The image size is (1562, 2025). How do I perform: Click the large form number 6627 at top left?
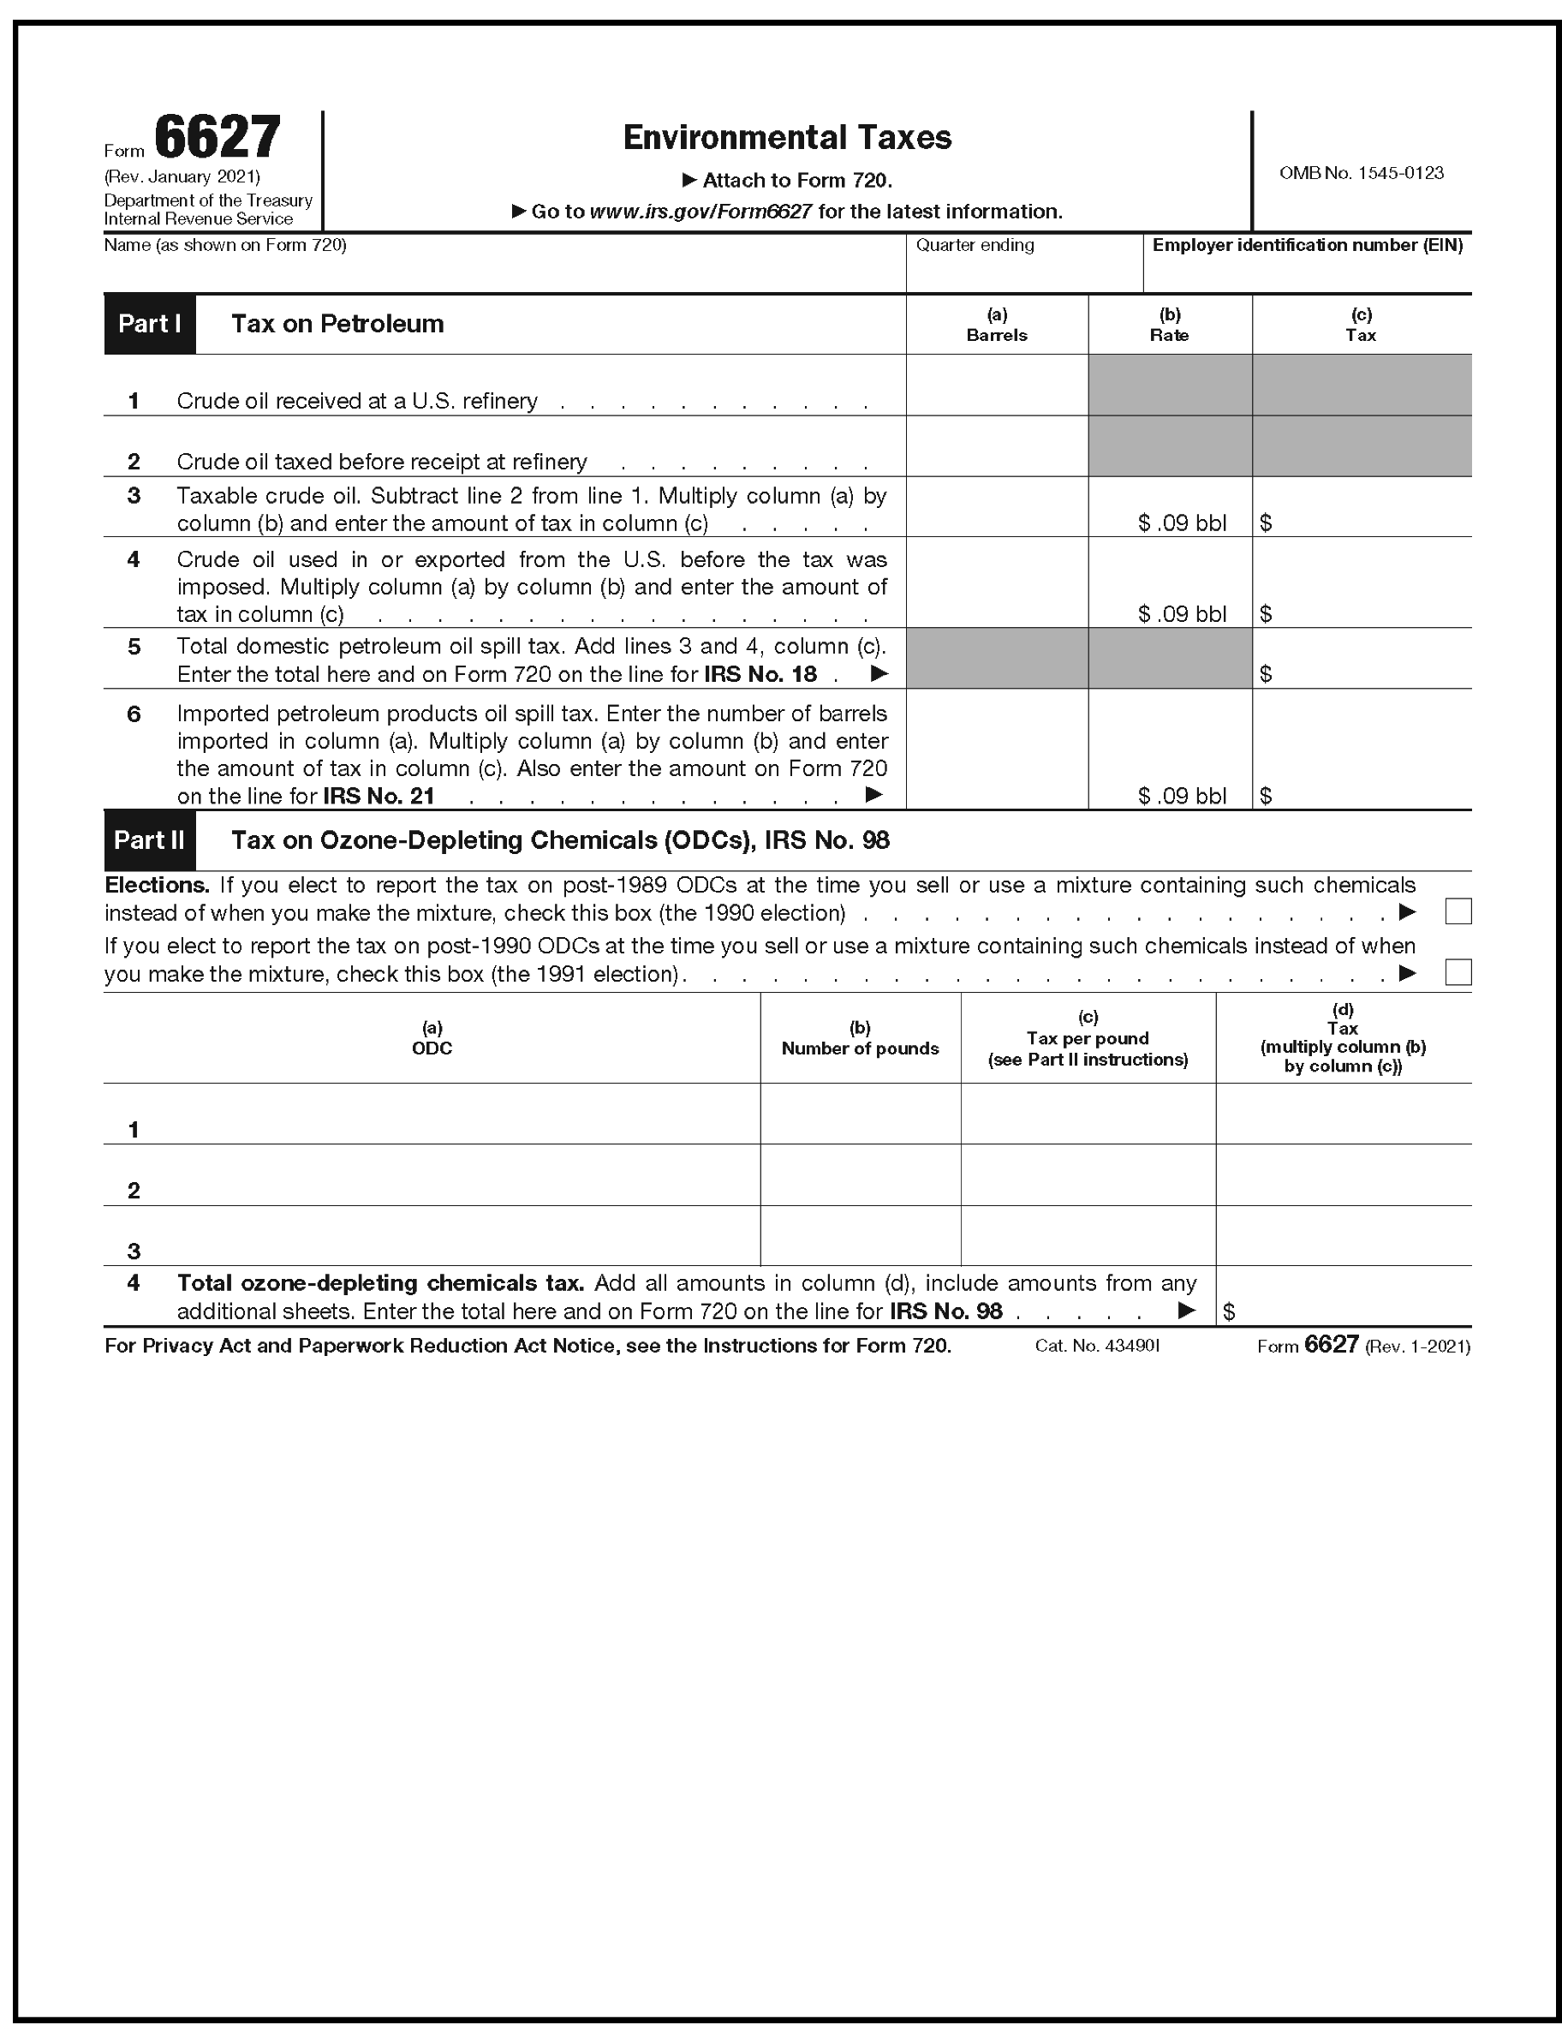(x=217, y=137)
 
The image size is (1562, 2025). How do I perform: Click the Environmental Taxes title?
(x=787, y=137)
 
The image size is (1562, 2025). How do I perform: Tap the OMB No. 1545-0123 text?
(x=1361, y=172)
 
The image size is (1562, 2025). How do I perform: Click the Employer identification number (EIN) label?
(x=1307, y=245)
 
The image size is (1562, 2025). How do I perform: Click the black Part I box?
(x=149, y=324)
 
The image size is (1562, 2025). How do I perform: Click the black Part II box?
(x=149, y=840)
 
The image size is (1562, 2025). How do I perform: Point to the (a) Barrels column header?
(x=997, y=325)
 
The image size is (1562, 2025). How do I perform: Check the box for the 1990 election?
(x=1458, y=912)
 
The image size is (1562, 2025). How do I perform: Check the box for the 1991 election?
(x=1458, y=972)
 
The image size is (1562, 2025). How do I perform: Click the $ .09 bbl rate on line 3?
(x=1182, y=523)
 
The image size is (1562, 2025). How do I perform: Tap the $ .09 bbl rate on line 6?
(x=1182, y=796)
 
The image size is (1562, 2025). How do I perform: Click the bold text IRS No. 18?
(x=760, y=674)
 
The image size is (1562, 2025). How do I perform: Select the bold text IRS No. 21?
(x=379, y=796)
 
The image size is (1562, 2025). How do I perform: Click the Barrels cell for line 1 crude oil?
(x=997, y=385)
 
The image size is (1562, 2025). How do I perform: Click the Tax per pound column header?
(x=1088, y=1038)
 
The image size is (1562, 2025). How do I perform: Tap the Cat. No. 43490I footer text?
(x=1097, y=1346)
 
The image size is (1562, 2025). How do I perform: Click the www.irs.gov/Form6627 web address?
(x=701, y=212)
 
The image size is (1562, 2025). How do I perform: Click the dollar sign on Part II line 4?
(x=1229, y=1311)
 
